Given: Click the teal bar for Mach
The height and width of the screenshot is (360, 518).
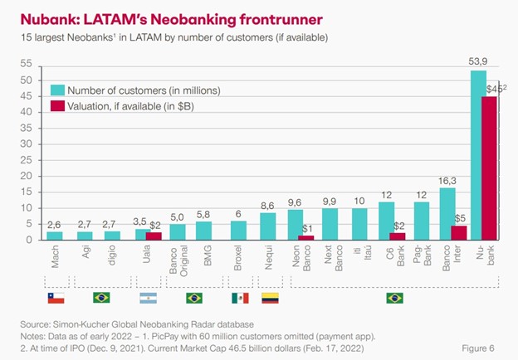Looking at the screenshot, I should [55, 236].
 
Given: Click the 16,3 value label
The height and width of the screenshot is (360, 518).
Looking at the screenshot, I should [447, 178].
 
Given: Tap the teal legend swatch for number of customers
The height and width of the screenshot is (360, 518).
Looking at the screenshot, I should [58, 90].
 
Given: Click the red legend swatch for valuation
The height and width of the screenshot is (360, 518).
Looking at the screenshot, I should [58, 106].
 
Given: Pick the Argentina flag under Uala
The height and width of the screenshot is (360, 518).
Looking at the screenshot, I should [148, 297].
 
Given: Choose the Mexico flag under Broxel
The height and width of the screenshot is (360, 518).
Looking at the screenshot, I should [239, 297].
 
